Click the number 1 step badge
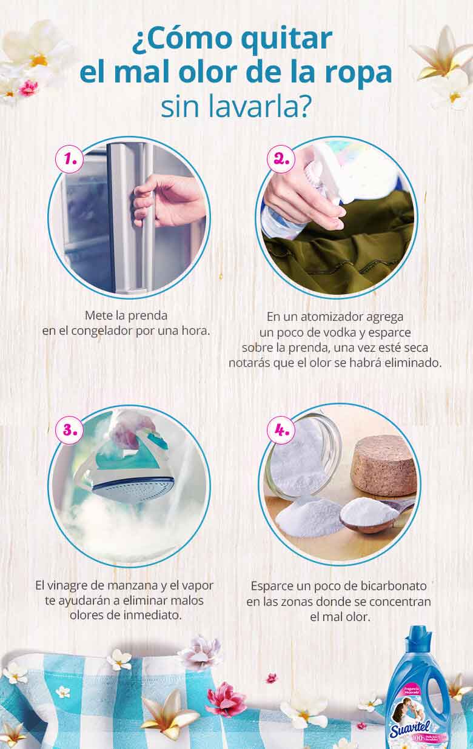tap(70, 159)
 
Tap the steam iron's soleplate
tap(130, 485)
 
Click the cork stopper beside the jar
tap(386, 466)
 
